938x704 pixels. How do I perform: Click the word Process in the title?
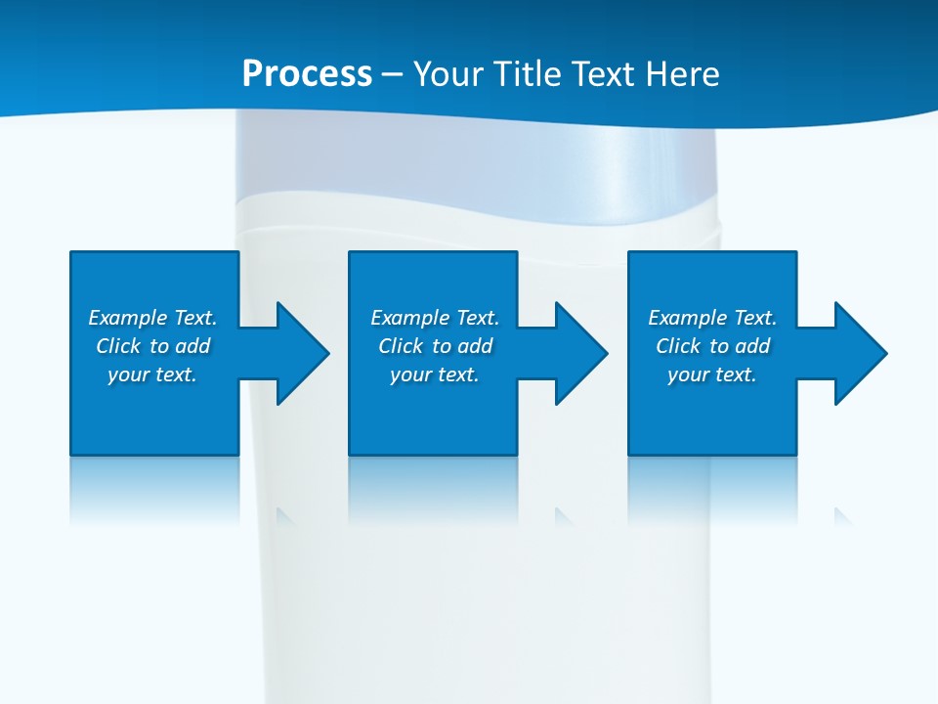point(307,74)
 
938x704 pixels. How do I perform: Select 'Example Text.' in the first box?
point(152,318)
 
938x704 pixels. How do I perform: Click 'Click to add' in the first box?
point(152,346)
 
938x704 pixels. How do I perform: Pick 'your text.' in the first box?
point(152,374)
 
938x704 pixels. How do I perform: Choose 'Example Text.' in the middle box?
point(435,318)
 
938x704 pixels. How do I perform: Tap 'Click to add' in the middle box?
point(435,346)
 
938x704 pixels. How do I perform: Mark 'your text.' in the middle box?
point(435,374)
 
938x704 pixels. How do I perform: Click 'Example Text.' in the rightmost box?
point(712,318)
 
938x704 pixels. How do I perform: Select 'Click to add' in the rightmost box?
point(712,346)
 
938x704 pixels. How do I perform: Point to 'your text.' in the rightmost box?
point(712,374)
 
